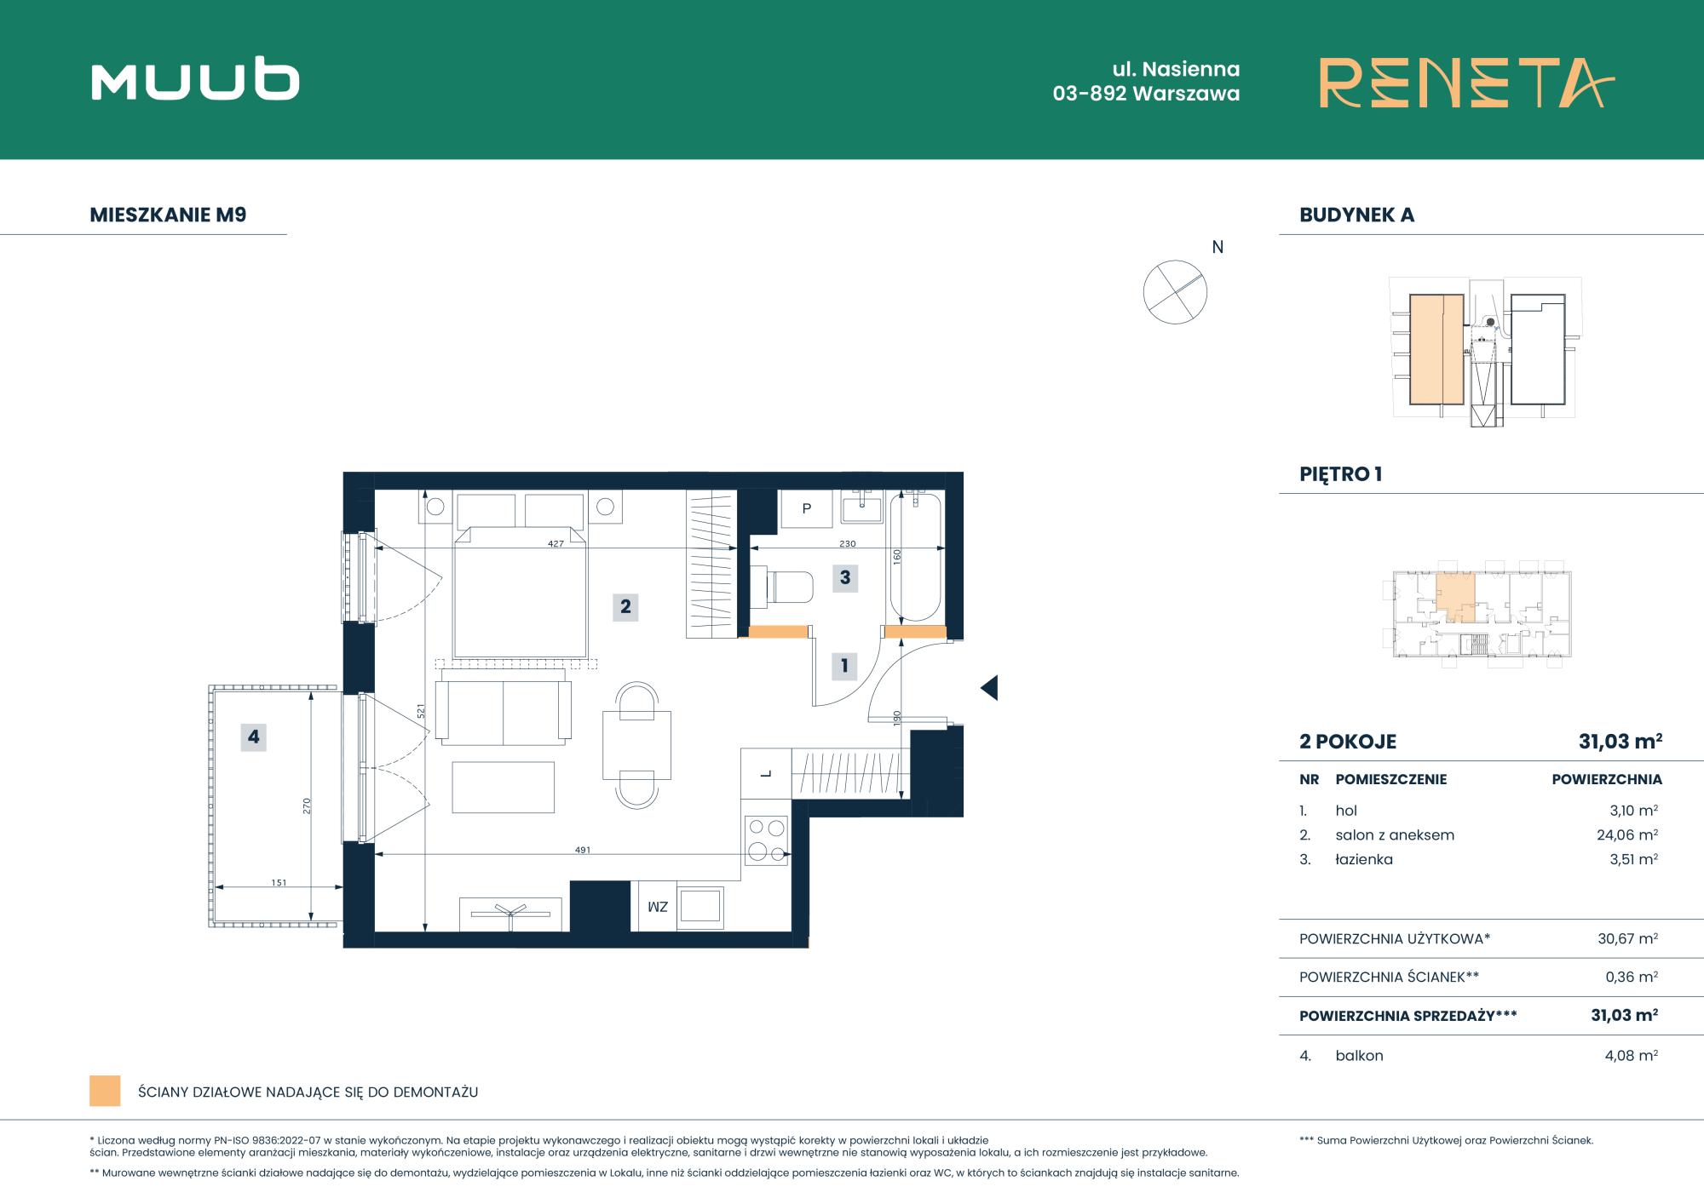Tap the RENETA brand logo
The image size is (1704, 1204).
1466,83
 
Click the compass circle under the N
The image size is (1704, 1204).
1175,292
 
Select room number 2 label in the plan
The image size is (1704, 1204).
625,606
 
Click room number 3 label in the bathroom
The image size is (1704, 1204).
845,577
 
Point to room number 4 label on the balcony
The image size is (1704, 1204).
253,737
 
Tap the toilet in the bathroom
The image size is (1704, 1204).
789,587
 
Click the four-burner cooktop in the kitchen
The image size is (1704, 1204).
766,840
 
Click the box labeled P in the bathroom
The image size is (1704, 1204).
807,509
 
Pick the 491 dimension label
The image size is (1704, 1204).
583,850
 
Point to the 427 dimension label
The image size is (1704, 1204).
556,543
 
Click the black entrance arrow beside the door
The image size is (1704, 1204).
989,687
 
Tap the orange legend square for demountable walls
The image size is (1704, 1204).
105,1091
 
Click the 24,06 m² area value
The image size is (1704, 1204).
1627,834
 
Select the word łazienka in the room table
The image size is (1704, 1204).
1364,859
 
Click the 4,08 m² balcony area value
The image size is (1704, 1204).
1631,1055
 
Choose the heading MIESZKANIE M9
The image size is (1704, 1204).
168,215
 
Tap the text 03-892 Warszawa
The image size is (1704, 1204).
1146,94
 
